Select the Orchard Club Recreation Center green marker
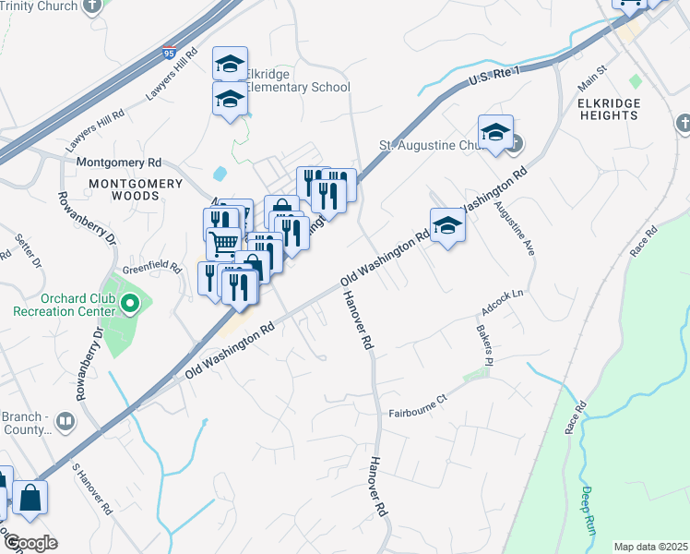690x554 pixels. pyautogui.click(x=130, y=303)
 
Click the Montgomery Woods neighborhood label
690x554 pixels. pyautogui.click(x=136, y=189)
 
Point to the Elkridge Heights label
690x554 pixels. pyautogui.click(x=608, y=109)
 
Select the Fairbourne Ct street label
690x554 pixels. pyautogui.click(x=417, y=398)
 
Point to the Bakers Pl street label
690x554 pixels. pyautogui.click(x=485, y=343)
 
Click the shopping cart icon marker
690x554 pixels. pyautogui.click(x=223, y=245)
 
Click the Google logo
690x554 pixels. pyautogui.click(x=30, y=542)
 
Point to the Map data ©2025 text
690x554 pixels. pyautogui.click(x=649, y=547)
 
